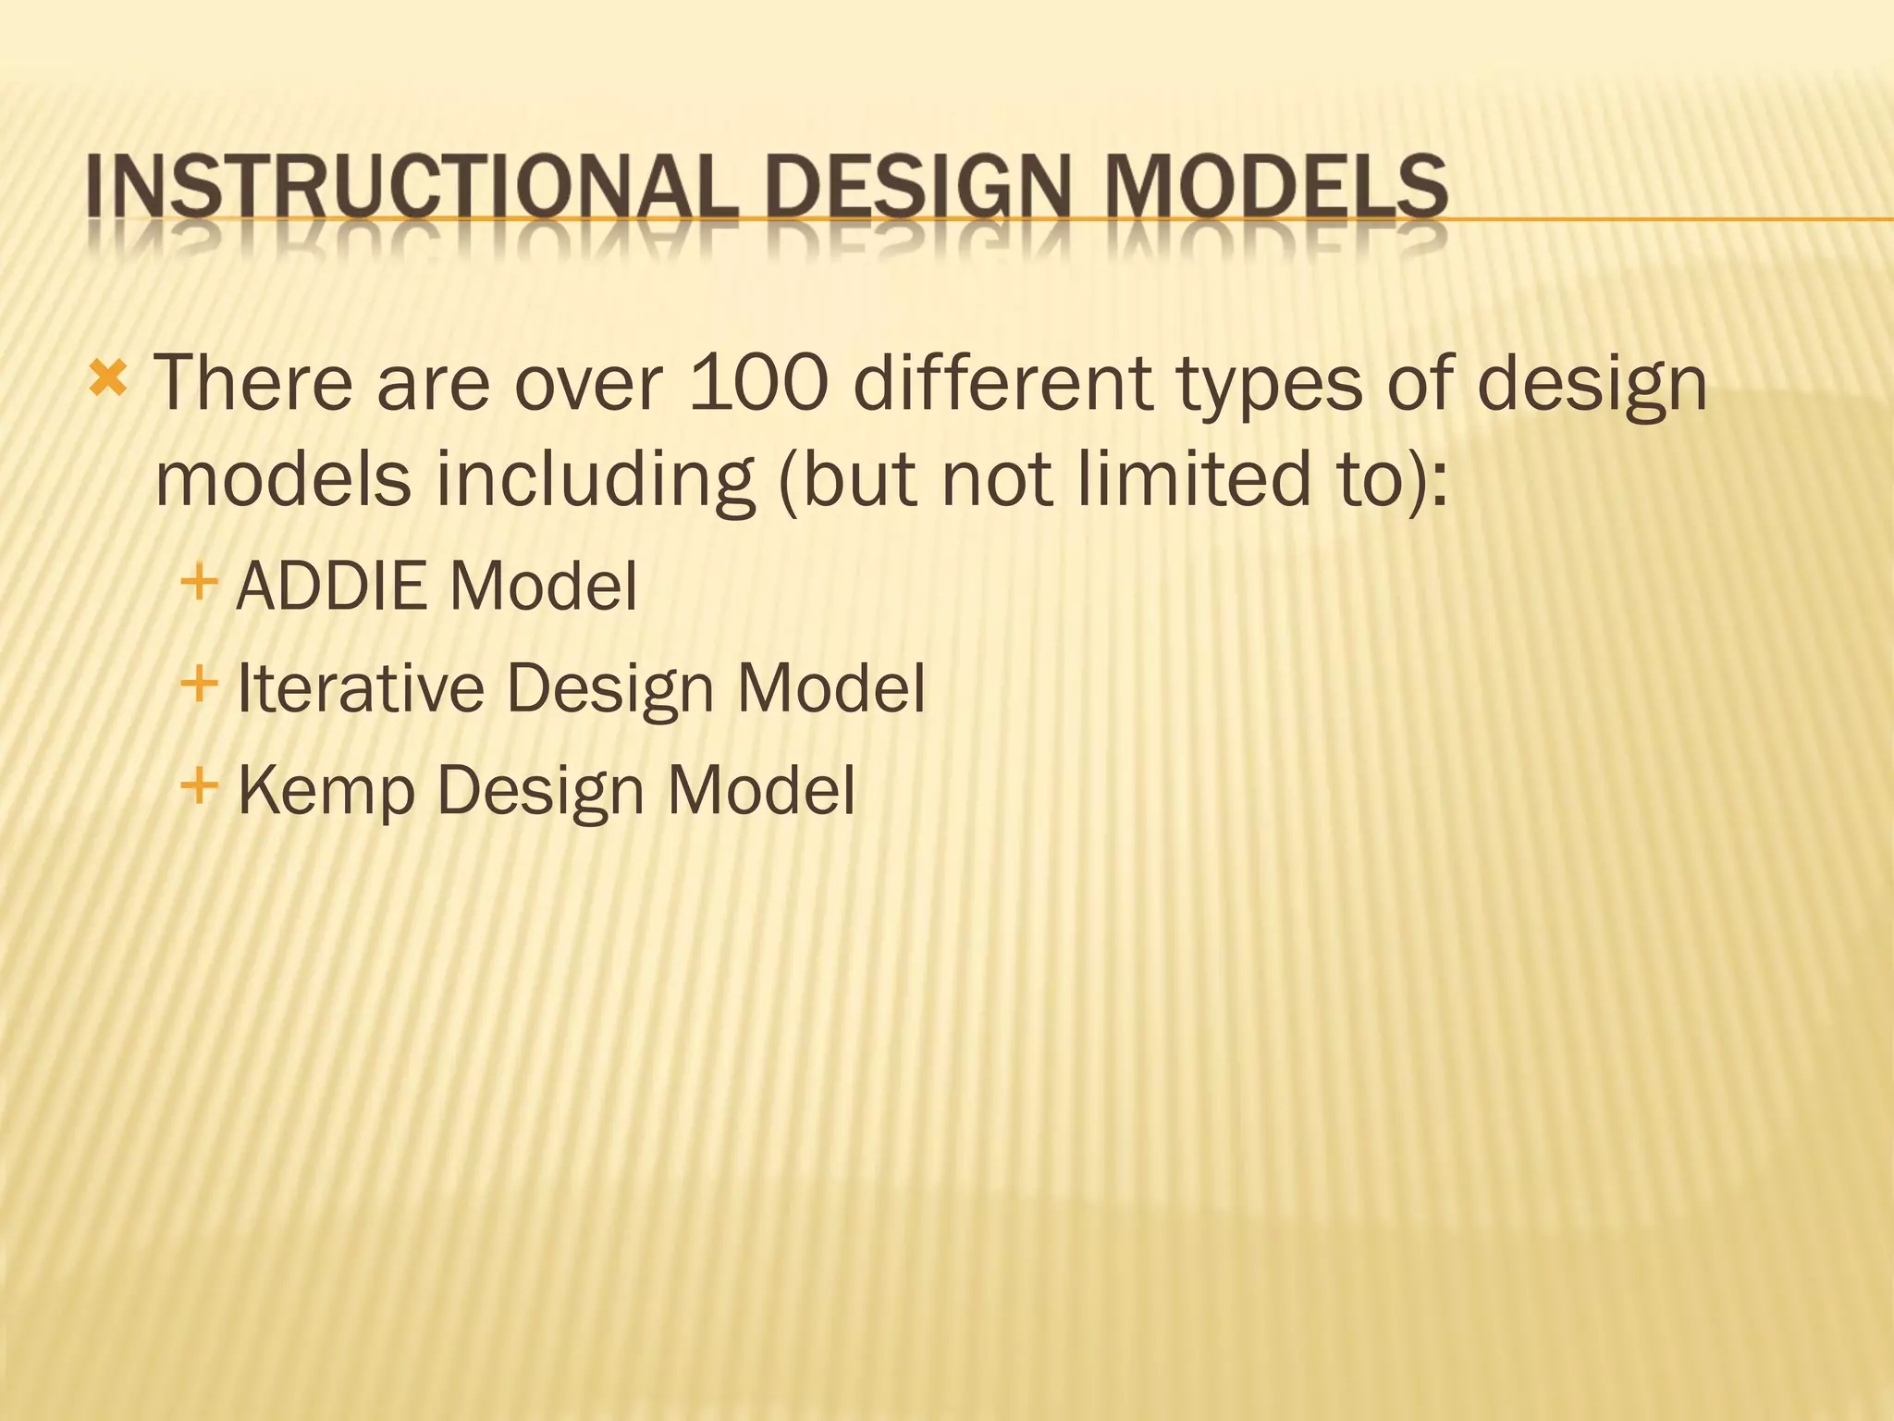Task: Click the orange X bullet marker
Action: pos(108,378)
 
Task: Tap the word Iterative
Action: pos(361,688)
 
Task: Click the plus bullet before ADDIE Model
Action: pos(199,584)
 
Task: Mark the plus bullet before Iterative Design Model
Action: pos(199,686)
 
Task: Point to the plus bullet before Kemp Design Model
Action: pos(199,787)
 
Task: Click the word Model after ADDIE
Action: pos(544,587)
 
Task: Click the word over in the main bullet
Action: pos(589,384)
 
